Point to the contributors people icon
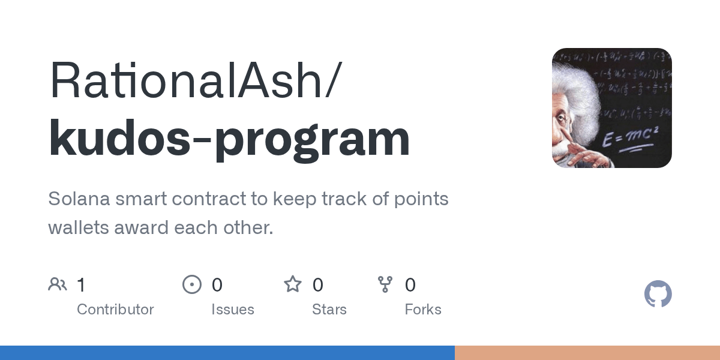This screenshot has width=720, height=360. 58,284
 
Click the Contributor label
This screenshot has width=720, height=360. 115,310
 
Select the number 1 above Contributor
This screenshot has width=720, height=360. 81,284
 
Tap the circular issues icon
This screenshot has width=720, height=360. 192,284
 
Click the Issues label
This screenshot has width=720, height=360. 232,310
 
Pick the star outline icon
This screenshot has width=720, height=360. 293,284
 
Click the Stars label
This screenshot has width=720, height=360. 329,310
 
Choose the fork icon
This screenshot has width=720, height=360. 385,284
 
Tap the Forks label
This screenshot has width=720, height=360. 422,310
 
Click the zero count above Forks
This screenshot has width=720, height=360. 410,284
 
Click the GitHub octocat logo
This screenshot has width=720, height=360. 658,294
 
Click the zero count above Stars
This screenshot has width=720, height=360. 318,284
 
